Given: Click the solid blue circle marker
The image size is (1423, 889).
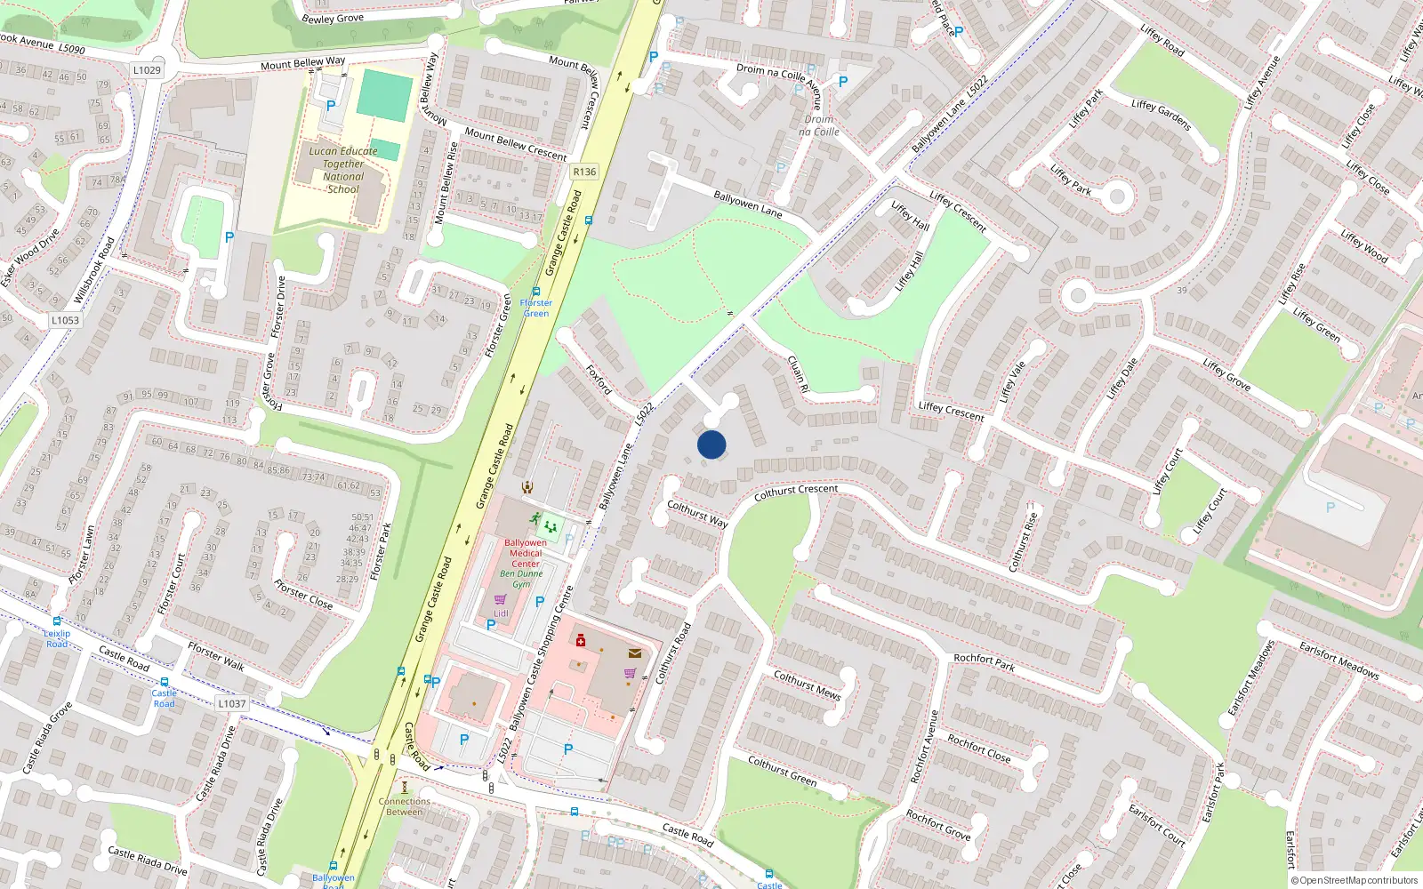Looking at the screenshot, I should click(711, 444).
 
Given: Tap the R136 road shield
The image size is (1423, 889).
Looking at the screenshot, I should click(584, 172).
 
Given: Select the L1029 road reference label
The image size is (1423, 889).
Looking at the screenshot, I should click(147, 70).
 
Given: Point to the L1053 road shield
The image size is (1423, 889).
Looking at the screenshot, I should click(65, 320).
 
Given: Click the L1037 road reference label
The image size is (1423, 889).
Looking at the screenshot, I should click(231, 703).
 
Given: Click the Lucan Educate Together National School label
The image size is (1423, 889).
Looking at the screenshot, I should click(343, 170).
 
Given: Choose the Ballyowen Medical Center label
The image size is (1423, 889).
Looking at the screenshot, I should click(526, 553).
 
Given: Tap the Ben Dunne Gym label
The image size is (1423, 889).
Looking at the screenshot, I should click(521, 579).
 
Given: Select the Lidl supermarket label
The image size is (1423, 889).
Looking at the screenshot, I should click(501, 613).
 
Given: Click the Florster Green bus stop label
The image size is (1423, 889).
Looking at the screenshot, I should click(536, 308).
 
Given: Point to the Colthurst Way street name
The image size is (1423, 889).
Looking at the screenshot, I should click(697, 514).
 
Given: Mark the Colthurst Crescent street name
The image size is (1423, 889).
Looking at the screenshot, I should click(796, 492).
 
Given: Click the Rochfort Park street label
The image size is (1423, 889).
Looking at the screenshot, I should click(985, 661).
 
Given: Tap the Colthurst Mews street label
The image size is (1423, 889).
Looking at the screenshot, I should click(807, 685).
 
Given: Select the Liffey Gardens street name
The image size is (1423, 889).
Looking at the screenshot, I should click(1161, 115).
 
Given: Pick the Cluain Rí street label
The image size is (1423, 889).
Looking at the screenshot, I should click(798, 374).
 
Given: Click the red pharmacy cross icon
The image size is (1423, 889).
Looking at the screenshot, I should click(581, 640).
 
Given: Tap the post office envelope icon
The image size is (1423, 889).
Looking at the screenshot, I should click(634, 653).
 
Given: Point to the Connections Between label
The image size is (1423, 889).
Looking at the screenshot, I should click(405, 806).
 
